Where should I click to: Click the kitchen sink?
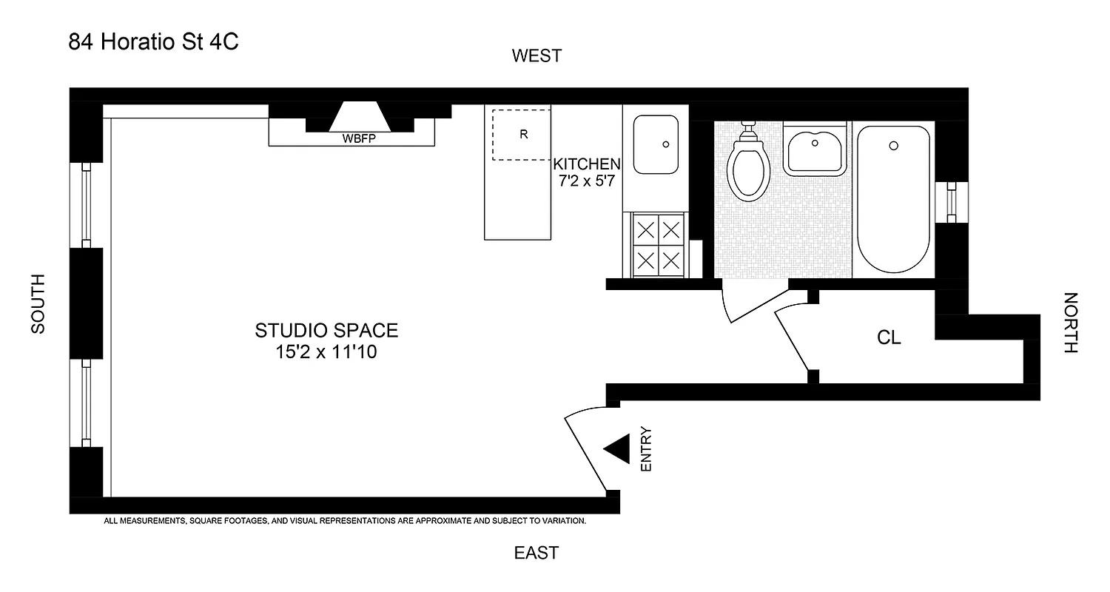(x=656, y=144)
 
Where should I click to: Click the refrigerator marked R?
(x=522, y=135)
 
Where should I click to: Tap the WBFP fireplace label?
(x=357, y=138)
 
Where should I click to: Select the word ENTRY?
(x=646, y=450)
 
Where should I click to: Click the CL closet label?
(x=889, y=338)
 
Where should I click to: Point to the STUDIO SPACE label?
(x=326, y=330)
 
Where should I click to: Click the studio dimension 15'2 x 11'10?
(x=326, y=352)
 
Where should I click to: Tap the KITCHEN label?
(x=586, y=164)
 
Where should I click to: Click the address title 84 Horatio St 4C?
(x=153, y=42)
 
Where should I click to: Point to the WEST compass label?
(x=536, y=55)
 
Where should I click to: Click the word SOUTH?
(x=38, y=303)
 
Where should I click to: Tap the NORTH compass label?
(x=1071, y=323)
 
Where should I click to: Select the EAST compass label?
(x=536, y=553)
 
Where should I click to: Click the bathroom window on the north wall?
(x=952, y=201)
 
